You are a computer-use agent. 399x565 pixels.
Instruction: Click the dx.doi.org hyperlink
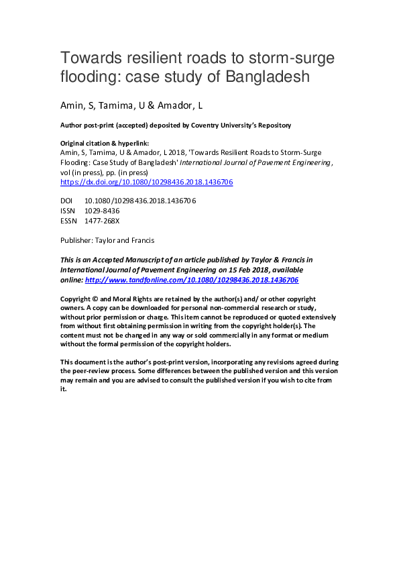146,182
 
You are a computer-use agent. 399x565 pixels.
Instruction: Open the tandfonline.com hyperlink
192,280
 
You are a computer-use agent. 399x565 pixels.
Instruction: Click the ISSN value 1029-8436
102,211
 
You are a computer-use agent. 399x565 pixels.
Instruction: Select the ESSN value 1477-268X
103,221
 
